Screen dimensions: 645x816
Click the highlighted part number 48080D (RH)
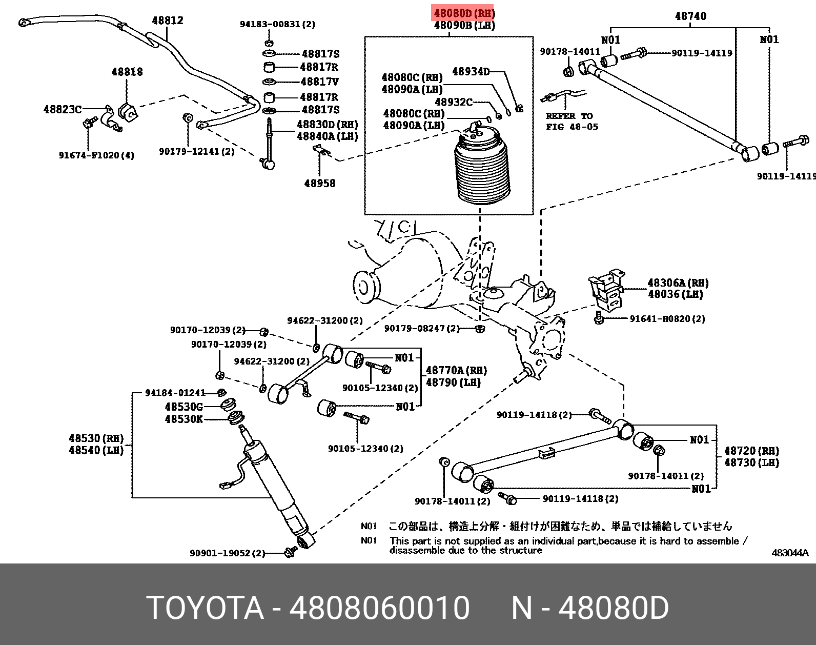(464, 13)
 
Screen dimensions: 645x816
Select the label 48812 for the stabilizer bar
(167, 21)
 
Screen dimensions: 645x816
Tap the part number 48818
(127, 72)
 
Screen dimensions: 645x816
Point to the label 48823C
(63, 109)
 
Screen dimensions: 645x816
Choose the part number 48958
(320, 184)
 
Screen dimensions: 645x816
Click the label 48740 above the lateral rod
(690, 16)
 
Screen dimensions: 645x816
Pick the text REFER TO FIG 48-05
(572, 122)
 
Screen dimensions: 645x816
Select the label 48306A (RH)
(678, 283)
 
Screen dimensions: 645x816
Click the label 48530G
(183, 407)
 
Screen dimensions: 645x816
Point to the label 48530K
(183, 419)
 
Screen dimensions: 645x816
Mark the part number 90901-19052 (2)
(227, 553)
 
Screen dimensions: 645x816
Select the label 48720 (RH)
(751, 451)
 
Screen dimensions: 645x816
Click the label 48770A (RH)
(456, 370)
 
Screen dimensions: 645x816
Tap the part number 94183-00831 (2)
(277, 24)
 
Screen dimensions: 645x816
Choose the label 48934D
(471, 72)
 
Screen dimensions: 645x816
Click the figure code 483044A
(790, 553)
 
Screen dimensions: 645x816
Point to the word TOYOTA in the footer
(205, 608)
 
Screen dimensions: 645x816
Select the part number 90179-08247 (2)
(421, 328)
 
